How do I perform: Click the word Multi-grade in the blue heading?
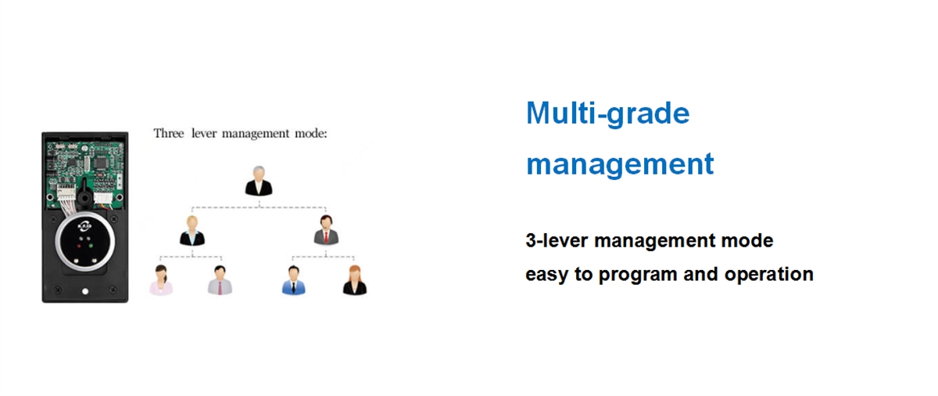click(607, 114)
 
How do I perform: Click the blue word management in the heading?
click(620, 164)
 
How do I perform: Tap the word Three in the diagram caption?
click(169, 133)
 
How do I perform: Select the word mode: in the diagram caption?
click(311, 134)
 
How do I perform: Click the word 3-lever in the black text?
click(557, 240)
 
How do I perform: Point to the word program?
click(638, 275)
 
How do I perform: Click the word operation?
click(769, 275)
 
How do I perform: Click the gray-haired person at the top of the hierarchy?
click(259, 181)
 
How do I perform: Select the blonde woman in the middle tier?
click(192, 230)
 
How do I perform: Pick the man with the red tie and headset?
click(326, 229)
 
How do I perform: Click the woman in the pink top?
click(161, 280)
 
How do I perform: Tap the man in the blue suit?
click(294, 280)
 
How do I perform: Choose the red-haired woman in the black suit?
click(355, 280)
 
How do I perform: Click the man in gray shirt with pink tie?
click(220, 280)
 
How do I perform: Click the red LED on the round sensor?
click(79, 246)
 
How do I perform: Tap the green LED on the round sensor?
click(91, 246)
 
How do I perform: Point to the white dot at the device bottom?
click(85, 291)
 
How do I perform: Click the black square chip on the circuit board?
click(101, 162)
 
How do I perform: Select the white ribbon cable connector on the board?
click(66, 193)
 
